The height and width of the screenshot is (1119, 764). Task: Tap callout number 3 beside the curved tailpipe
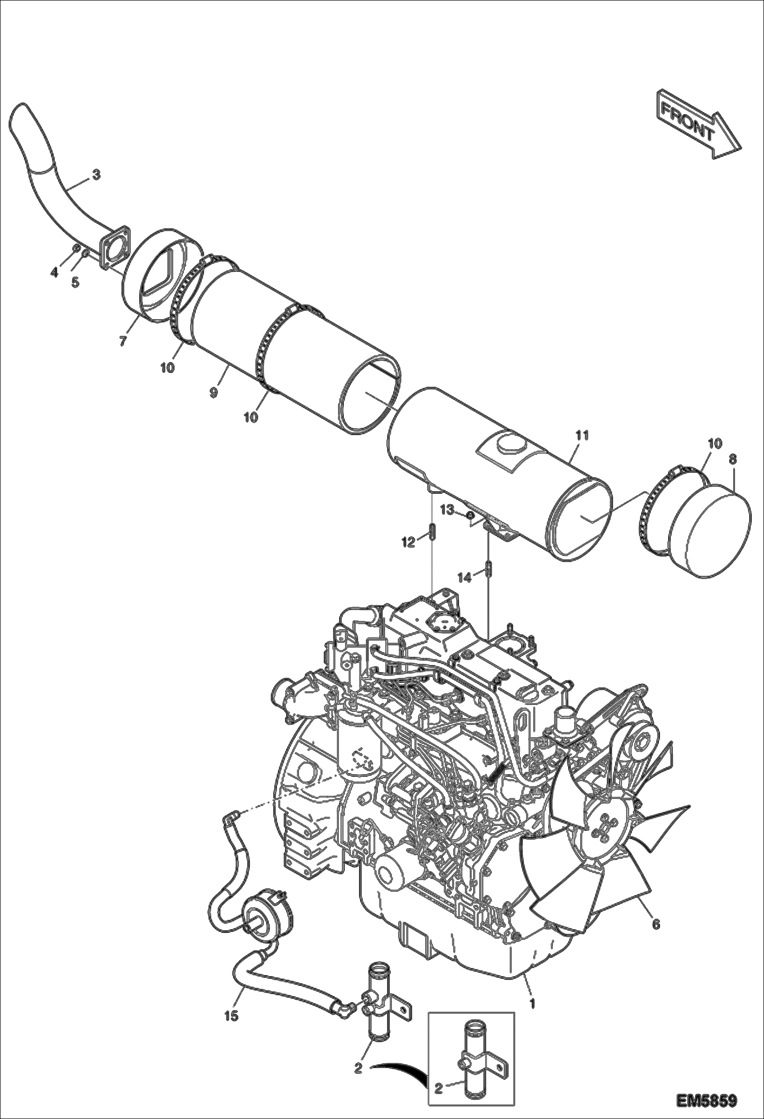click(95, 175)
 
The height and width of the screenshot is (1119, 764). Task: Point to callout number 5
click(74, 282)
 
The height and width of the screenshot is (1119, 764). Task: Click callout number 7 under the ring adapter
click(122, 341)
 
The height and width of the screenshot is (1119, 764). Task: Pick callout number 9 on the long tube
click(213, 392)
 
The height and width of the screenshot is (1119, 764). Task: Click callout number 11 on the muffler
click(582, 435)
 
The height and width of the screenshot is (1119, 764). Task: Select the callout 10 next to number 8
click(715, 443)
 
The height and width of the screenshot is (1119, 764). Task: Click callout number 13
click(446, 510)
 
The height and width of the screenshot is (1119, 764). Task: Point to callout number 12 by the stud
click(408, 543)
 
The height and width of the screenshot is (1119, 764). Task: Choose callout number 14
click(464, 577)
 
